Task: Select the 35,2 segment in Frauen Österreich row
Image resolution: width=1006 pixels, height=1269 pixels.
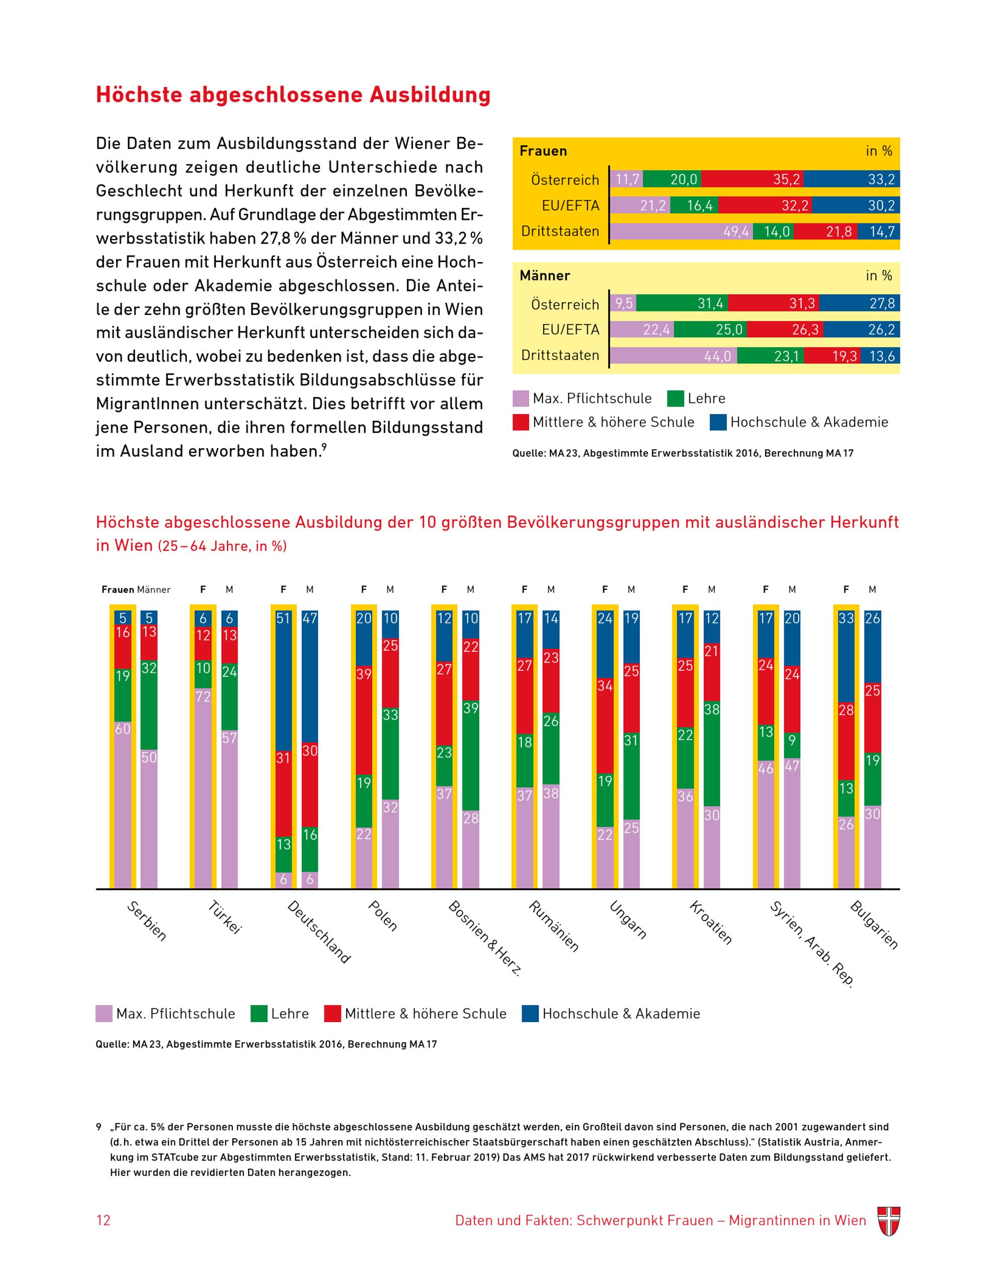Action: (751, 179)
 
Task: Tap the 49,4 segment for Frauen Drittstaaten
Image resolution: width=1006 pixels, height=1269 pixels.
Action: (681, 231)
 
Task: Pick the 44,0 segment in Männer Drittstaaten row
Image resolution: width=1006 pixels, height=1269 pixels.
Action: (673, 356)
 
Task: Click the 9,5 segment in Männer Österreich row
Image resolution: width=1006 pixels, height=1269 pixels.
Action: (623, 303)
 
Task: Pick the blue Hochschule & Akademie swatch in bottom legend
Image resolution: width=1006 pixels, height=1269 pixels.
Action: (530, 1013)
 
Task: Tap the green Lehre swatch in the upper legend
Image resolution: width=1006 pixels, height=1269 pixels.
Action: (675, 398)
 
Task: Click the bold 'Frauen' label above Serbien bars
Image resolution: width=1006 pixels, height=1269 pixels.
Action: (118, 589)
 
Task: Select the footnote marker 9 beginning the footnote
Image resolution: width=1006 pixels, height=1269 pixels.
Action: (98, 1127)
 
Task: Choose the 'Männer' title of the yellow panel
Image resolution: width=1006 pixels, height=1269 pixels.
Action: (545, 276)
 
